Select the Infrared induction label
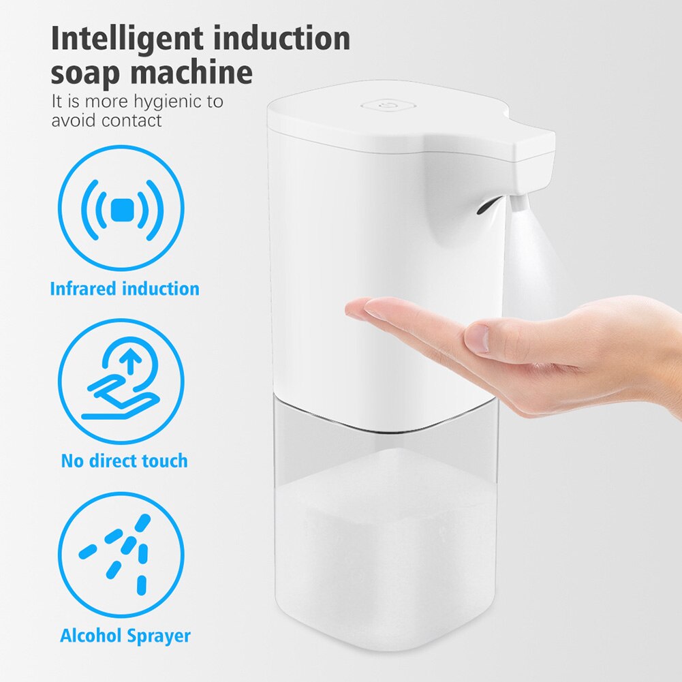tap(125, 288)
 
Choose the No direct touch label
tap(125, 461)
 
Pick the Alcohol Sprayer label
tap(125, 636)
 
